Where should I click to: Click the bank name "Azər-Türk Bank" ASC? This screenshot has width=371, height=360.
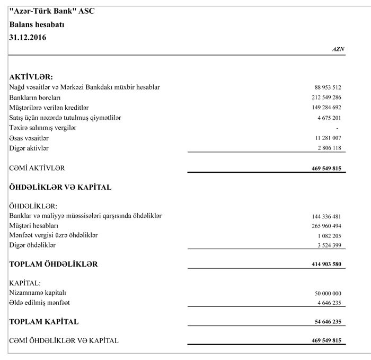(x=52, y=11)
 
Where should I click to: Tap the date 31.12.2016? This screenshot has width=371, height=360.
(x=29, y=37)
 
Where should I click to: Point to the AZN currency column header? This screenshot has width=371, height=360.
(x=338, y=49)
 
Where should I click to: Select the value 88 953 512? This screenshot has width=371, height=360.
(x=327, y=87)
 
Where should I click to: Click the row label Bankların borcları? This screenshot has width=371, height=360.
(x=35, y=98)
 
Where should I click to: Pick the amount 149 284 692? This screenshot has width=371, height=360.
(x=326, y=108)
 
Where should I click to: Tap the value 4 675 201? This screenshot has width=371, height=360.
(x=329, y=118)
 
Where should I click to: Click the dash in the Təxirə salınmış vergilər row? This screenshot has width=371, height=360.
(x=337, y=128)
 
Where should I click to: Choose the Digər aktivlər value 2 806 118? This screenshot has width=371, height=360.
(x=329, y=148)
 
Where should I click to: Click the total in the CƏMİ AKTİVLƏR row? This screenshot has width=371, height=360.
(x=326, y=169)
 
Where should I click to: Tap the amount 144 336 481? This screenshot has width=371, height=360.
(x=326, y=216)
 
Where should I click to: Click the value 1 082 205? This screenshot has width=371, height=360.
(x=329, y=236)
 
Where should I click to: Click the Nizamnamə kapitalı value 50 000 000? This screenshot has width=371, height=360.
(x=328, y=293)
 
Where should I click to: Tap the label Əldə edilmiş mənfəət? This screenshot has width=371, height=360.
(x=40, y=302)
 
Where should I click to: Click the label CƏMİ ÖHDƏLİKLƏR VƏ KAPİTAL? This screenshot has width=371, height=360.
(x=64, y=340)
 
